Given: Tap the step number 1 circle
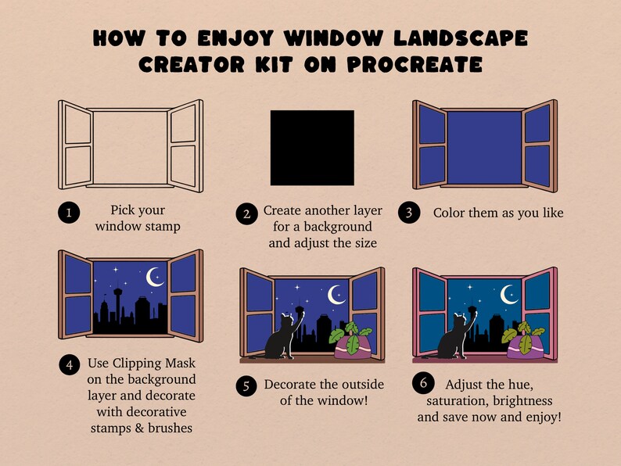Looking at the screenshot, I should [70, 213].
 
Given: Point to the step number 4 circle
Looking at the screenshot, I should [70, 364].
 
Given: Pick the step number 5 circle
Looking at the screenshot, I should [246, 385].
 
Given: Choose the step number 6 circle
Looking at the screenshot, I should [423, 384].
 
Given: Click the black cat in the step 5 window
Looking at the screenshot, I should [278, 339].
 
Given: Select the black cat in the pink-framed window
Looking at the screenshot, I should [451, 339].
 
